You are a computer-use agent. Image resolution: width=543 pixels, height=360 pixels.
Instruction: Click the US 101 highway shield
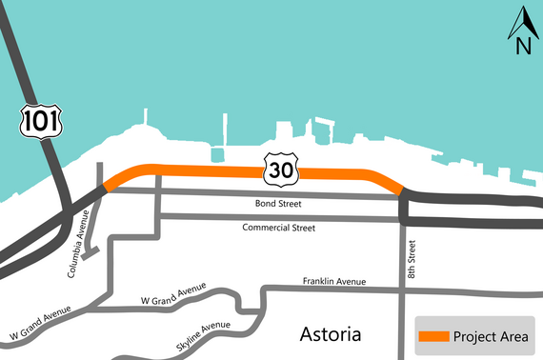click(x=34, y=120)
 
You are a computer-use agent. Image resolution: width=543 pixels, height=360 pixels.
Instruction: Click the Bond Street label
click(x=277, y=205)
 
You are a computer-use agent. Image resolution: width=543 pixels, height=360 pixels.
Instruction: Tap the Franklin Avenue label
click(x=335, y=281)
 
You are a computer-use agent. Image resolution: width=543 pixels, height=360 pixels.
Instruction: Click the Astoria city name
click(x=331, y=334)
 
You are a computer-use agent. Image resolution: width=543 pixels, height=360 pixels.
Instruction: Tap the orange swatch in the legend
click(x=433, y=337)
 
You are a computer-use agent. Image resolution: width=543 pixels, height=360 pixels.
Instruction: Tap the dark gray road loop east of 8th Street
click(x=472, y=210)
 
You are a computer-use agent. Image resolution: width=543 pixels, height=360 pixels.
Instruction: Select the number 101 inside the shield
click(x=34, y=121)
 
